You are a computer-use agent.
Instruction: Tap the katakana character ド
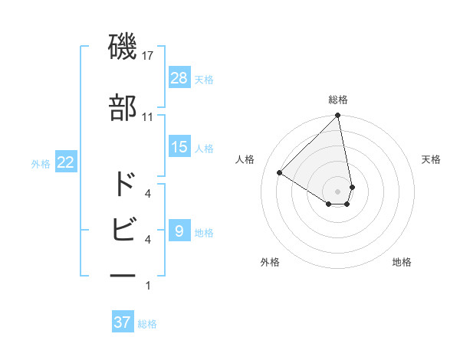coord(123,185)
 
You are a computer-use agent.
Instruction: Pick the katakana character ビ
coord(123,227)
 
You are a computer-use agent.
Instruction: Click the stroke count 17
coord(148,57)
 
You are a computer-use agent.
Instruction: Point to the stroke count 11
coord(148,117)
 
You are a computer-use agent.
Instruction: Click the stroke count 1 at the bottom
coord(147,286)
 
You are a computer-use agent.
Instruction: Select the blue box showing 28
coord(179,78)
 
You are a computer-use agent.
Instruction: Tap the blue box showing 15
coord(179,147)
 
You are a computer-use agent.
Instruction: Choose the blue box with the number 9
coord(179,231)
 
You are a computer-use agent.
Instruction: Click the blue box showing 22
coord(66,163)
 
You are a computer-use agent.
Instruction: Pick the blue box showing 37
coord(123,322)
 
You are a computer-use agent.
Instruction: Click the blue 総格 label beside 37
coord(147,324)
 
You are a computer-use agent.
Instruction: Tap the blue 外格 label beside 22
coord(41,164)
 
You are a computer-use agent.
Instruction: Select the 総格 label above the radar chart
coord(338,100)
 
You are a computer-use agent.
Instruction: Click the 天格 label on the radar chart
coord(431,159)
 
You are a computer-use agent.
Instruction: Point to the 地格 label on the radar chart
coord(402,262)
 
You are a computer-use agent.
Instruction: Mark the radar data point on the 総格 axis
coord(338,116)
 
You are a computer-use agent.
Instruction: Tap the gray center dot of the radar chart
coord(338,191)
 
